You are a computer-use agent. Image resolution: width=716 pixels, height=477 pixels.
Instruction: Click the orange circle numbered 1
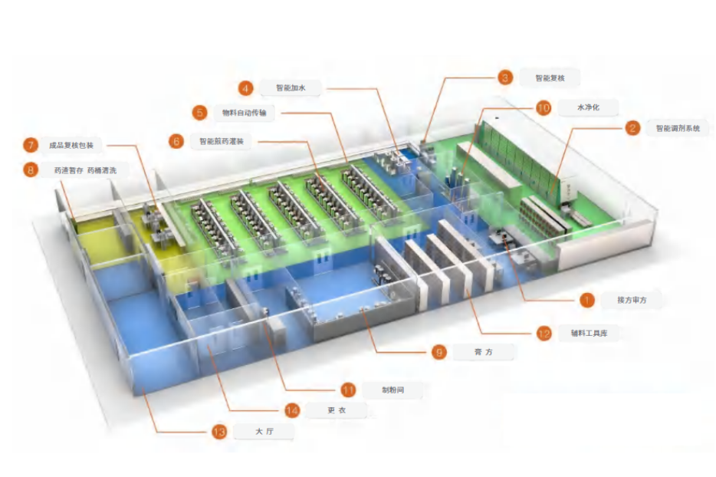(x=586, y=300)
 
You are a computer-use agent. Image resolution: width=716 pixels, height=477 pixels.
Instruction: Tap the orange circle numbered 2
(x=632, y=128)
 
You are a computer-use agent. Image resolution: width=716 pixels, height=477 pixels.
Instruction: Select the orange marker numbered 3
(x=504, y=77)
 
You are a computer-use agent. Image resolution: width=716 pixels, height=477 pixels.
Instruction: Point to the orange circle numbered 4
(x=245, y=88)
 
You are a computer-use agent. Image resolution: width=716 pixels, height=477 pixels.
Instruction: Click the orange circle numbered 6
(x=176, y=141)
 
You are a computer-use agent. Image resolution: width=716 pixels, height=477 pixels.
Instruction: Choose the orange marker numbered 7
(x=30, y=145)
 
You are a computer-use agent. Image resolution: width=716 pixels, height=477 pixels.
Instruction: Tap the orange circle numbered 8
(x=30, y=170)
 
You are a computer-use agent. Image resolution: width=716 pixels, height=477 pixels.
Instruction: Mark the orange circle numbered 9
(x=438, y=352)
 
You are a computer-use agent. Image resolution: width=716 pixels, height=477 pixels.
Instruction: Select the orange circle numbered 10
(x=544, y=108)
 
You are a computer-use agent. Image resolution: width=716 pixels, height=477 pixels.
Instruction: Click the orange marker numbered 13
(x=219, y=433)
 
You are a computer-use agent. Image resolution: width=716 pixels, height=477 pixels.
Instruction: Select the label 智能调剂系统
(x=677, y=128)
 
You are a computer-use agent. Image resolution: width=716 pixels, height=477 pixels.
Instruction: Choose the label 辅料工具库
(x=588, y=334)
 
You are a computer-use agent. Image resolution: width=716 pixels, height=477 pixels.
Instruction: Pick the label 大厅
(x=264, y=433)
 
